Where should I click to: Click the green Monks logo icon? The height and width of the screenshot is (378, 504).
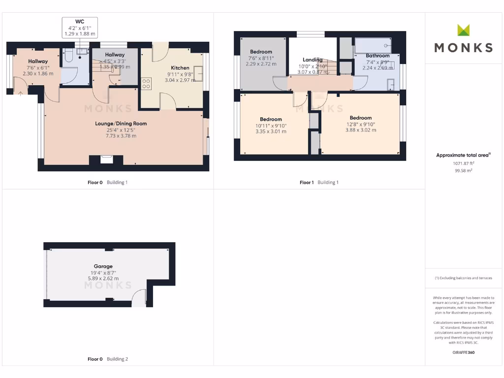pos(463,30)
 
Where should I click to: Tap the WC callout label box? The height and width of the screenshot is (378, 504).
pos(80,28)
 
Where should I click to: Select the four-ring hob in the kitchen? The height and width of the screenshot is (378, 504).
pos(146,84)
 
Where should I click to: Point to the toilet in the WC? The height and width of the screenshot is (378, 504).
pos(69,56)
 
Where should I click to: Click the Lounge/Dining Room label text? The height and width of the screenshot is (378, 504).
pos(121,124)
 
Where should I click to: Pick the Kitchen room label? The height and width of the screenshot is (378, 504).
pos(180,68)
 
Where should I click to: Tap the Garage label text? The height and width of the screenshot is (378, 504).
pos(103,266)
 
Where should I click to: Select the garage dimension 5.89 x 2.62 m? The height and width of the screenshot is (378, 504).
pos(103,279)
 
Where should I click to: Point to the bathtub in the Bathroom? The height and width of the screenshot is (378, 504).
pos(373,47)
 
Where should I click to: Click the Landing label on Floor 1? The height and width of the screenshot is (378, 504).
pos(313,60)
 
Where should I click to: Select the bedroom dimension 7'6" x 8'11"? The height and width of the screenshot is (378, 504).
pos(260,58)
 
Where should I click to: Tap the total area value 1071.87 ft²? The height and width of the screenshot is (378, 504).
pos(463,163)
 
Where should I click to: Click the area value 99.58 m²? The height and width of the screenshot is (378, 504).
pos(463,170)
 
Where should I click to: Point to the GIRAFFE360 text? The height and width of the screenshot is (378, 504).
pos(463,352)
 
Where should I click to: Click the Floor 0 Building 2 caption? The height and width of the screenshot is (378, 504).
pos(107,359)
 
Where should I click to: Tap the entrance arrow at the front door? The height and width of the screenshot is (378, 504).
pos(20,94)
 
